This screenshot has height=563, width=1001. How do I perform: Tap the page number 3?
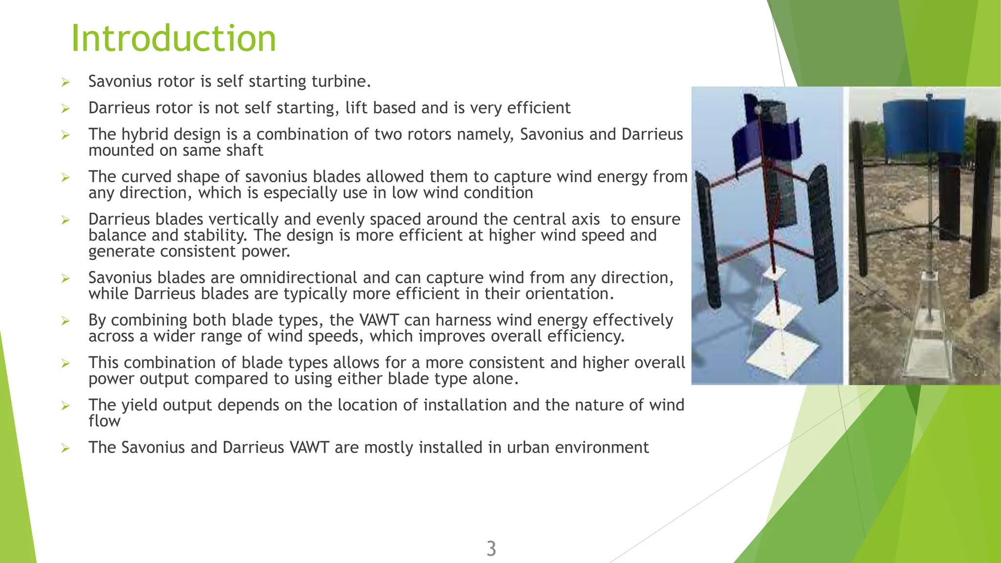point(491,549)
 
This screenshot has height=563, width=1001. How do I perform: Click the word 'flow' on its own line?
point(104,421)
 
